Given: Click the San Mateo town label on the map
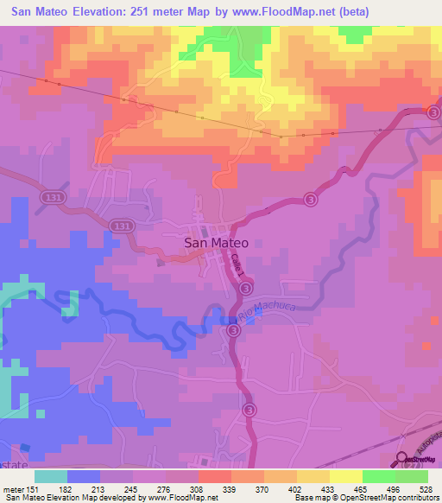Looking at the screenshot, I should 217,244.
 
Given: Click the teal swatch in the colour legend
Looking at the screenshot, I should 51,476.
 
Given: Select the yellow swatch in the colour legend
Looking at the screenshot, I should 345,476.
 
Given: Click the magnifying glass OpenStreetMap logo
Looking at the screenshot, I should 402,461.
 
